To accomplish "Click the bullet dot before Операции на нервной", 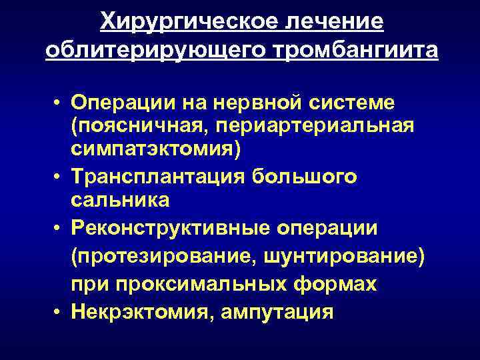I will click(59, 104).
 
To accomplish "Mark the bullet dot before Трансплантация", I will click(59, 175).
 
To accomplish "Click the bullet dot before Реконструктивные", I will click(59, 229).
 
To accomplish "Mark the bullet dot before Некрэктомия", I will click(59, 311).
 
